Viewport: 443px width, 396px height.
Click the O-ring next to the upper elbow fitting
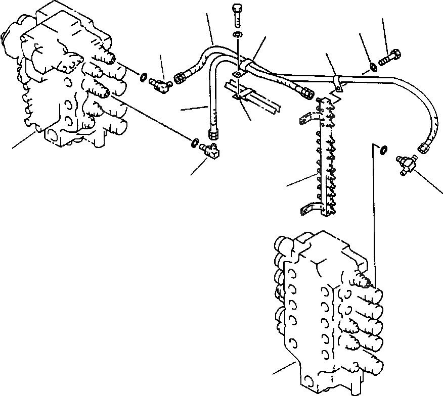click(144, 77)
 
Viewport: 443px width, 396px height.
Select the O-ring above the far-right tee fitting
click(384, 149)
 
